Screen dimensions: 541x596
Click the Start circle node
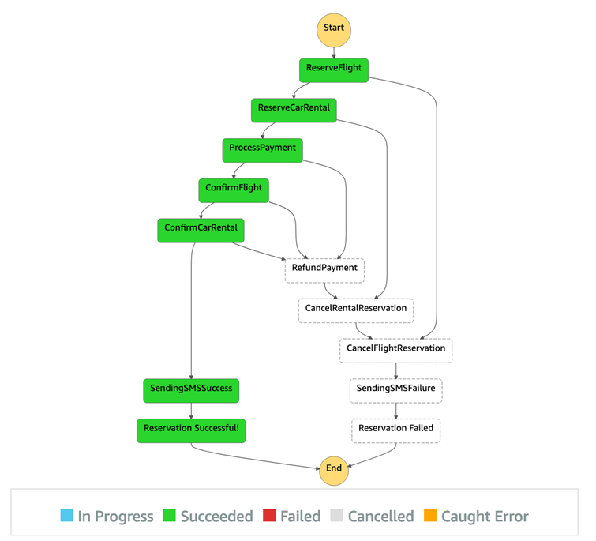click(x=334, y=28)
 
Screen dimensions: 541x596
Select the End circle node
click(x=334, y=468)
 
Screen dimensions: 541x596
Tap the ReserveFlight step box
click(x=334, y=69)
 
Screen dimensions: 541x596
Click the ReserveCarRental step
click(x=294, y=109)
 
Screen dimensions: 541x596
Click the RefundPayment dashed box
click(x=324, y=269)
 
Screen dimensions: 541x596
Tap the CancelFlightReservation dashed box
click(x=395, y=349)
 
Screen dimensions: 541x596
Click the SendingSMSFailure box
click(x=395, y=389)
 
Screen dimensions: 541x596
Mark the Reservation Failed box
click(x=395, y=429)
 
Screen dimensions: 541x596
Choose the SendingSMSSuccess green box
click(x=191, y=389)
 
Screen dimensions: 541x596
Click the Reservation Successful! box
click(x=191, y=429)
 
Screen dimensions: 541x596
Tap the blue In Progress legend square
click(x=66, y=517)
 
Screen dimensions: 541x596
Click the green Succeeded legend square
click(x=169, y=517)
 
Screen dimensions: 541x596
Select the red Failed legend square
click(x=269, y=517)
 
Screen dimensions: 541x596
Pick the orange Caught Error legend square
click(x=429, y=517)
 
